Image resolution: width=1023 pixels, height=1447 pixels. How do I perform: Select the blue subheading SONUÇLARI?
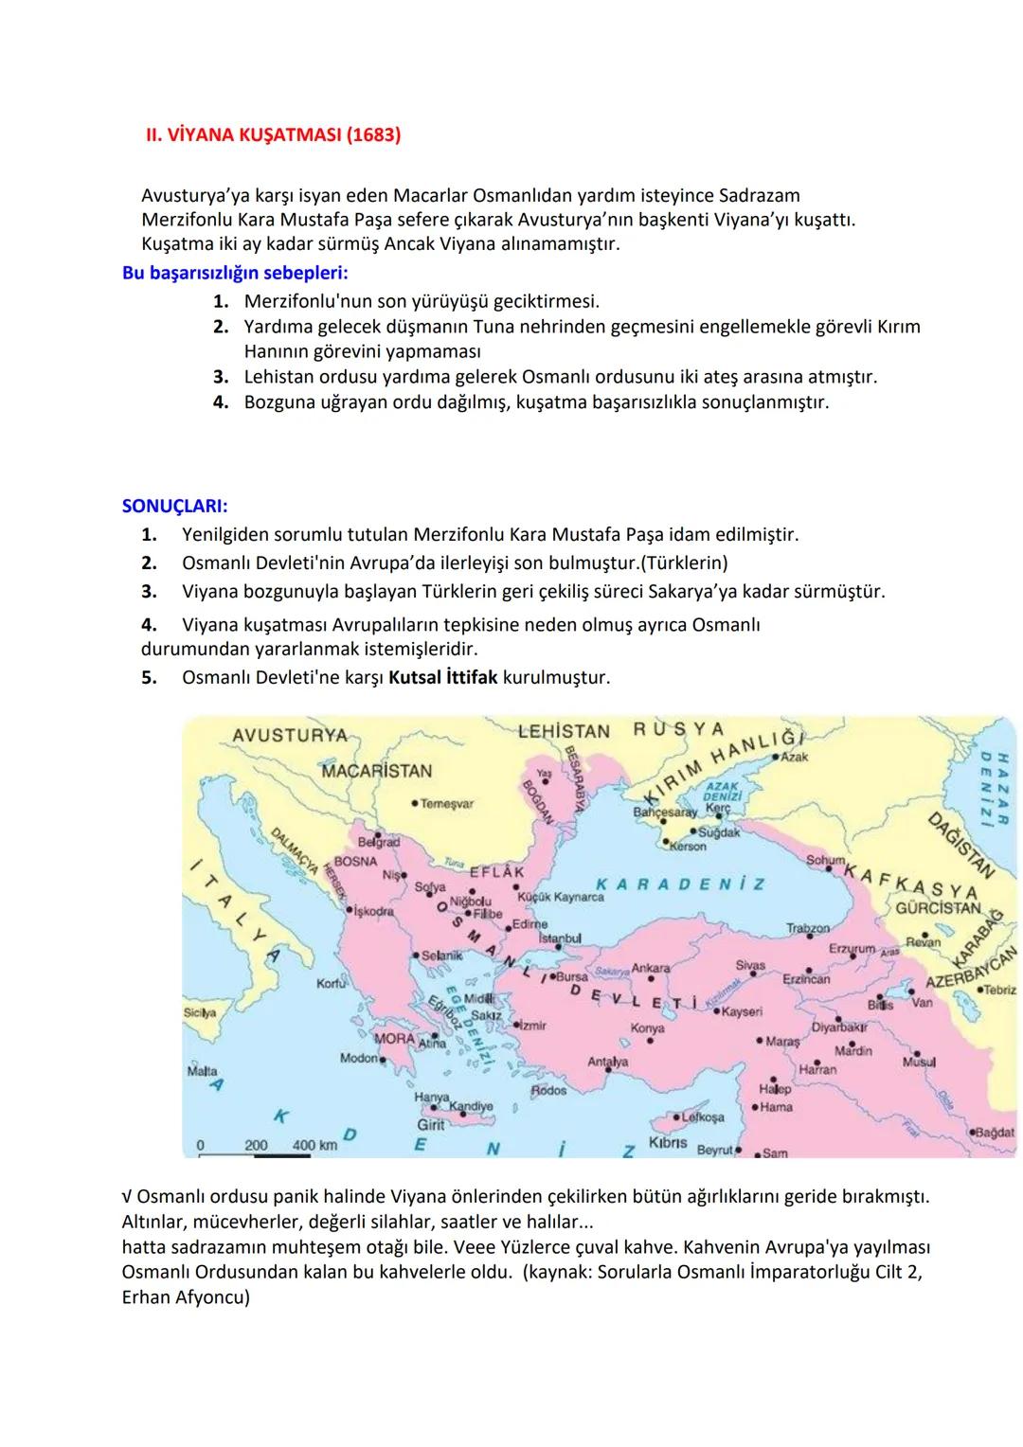coord(174,506)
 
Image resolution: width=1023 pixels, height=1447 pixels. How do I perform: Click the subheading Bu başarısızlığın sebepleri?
coord(235,274)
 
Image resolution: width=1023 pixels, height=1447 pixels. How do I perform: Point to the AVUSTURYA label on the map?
coord(289,736)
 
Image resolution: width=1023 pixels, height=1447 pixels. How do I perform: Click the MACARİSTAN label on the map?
coord(376,771)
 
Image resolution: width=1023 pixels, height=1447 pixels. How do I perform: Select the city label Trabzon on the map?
coord(807,929)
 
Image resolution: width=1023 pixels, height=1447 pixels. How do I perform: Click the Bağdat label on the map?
coord(994,1132)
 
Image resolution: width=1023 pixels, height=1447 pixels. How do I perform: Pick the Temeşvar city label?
coord(446,803)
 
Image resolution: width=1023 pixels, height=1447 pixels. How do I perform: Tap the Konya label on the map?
coord(647,1027)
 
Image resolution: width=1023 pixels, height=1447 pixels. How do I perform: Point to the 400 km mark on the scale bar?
coord(314,1145)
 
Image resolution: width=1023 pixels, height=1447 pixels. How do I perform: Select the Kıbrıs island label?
coord(668,1142)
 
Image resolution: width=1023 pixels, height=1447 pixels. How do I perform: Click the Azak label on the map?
coord(794,758)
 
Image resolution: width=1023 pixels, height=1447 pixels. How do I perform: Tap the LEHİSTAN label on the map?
coord(564,731)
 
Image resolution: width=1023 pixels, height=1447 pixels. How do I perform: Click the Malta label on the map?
coord(202,1071)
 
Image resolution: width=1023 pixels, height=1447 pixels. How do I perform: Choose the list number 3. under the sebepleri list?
coord(221,377)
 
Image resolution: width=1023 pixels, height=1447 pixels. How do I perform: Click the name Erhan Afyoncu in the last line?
coord(186,1297)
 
